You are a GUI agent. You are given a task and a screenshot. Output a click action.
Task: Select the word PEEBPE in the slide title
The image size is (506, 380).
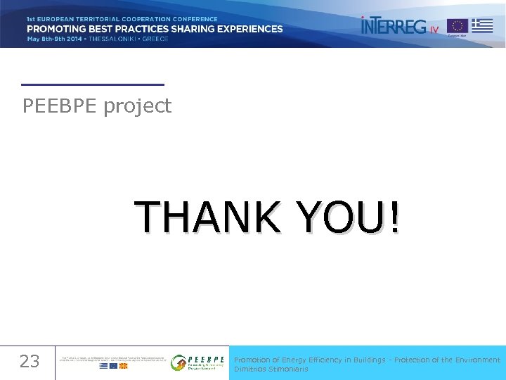pyautogui.click(x=60, y=106)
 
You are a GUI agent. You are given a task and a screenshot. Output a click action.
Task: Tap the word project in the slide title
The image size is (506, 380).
pyautogui.click(x=138, y=107)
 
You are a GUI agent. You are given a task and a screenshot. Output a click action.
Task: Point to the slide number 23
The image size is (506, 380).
pyautogui.click(x=30, y=362)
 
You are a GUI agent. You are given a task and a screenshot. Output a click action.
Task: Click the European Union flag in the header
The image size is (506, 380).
pyautogui.click(x=458, y=25)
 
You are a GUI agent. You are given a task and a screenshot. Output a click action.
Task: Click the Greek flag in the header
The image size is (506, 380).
pyautogui.click(x=482, y=25)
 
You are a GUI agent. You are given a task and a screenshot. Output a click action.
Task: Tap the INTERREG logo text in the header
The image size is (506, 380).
pyautogui.click(x=394, y=26)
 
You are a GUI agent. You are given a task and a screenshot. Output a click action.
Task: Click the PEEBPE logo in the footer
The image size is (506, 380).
pyautogui.click(x=198, y=362)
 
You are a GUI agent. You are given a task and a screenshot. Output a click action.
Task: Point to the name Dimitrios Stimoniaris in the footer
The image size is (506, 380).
pyautogui.click(x=271, y=369)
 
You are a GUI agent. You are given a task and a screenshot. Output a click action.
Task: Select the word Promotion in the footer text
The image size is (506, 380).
pyautogui.click(x=252, y=360)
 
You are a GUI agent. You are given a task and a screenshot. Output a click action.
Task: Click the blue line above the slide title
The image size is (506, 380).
pyautogui.click(x=93, y=84)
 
